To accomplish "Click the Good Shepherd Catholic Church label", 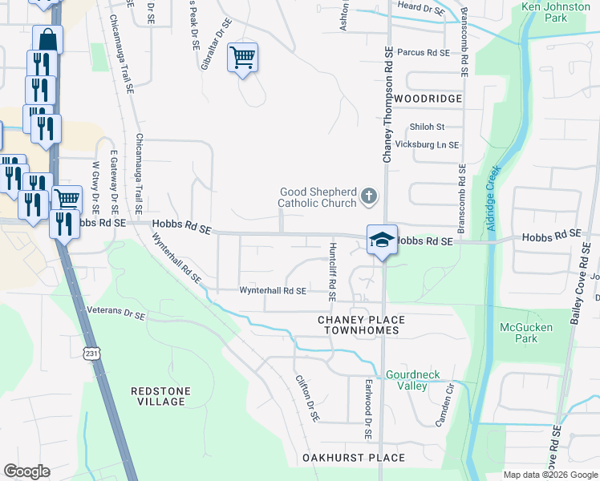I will click(317, 197).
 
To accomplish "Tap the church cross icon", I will click(368, 196).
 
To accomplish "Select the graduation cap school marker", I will click(382, 240).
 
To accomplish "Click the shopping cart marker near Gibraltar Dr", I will click(242, 57).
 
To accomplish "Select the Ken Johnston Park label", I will click(555, 12).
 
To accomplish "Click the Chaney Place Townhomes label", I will click(361, 325).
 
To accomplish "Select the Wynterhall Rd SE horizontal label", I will click(273, 291).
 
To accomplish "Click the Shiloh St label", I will click(427, 127).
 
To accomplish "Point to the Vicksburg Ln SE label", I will click(428, 145).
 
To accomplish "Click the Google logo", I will click(26, 471).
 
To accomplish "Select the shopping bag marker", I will click(48, 38).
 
